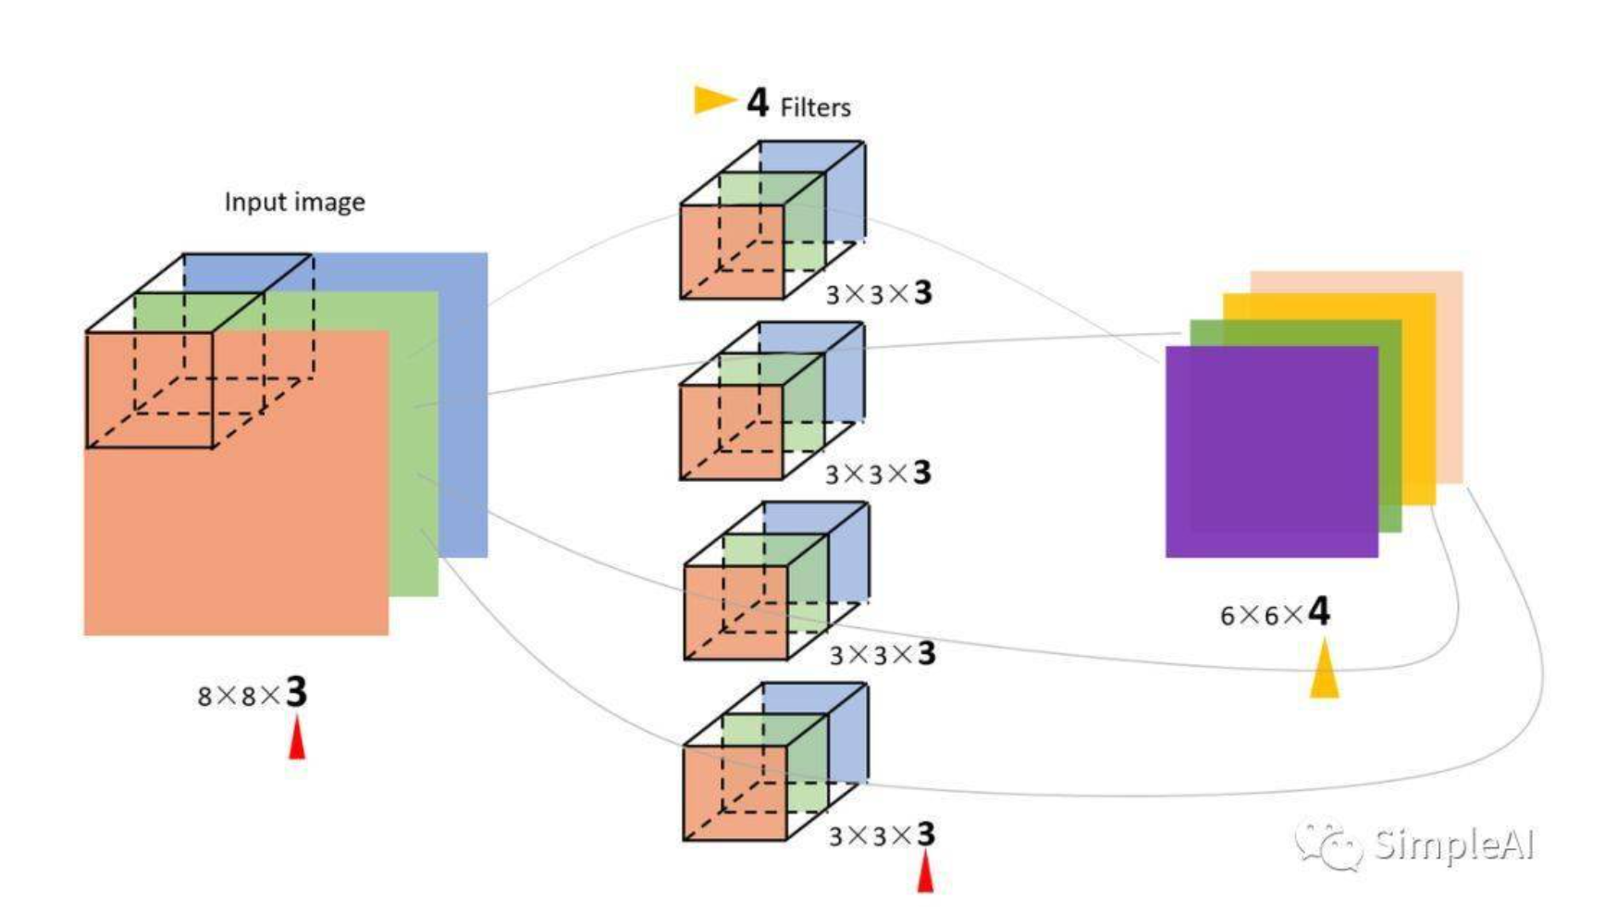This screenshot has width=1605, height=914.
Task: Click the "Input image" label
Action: (x=294, y=202)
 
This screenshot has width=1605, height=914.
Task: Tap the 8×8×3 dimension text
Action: (x=252, y=693)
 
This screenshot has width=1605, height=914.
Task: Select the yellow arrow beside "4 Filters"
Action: (x=714, y=99)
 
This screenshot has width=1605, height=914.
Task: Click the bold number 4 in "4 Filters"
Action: (x=758, y=102)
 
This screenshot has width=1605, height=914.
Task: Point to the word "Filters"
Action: (x=815, y=107)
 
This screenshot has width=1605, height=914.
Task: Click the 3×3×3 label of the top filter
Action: (x=879, y=293)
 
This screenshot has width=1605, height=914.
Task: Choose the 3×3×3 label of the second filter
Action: (x=879, y=474)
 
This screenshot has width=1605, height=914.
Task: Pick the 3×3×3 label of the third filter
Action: (x=883, y=654)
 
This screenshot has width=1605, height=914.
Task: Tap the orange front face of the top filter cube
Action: (x=732, y=252)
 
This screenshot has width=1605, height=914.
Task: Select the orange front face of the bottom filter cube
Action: (x=735, y=793)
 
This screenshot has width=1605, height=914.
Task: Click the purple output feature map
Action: (x=1271, y=451)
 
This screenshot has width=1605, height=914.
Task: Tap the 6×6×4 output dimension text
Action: (x=1275, y=612)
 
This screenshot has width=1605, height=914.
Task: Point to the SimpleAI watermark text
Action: (x=1453, y=845)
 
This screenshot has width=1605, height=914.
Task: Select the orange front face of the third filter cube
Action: (x=735, y=612)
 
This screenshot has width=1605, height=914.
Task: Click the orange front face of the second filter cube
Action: (x=732, y=432)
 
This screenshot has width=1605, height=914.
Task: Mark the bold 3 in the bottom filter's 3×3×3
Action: (x=925, y=834)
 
